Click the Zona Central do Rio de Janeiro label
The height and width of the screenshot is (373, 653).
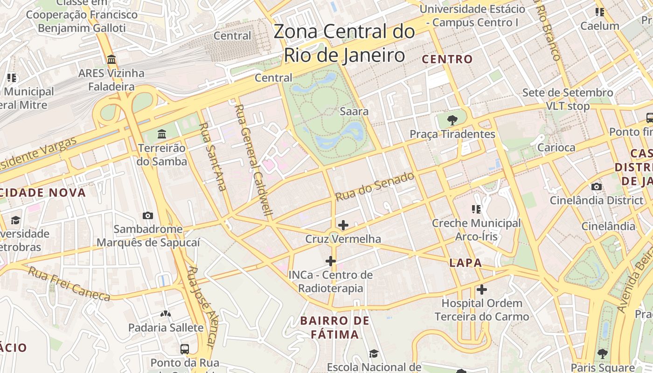[344, 43]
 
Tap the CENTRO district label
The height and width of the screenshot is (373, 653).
[447, 59]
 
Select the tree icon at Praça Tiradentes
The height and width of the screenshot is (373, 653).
[452, 120]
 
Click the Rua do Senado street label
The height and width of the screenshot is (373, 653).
[375, 186]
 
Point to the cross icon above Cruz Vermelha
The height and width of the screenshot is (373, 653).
[343, 225]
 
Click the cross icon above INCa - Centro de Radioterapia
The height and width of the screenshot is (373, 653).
[331, 261]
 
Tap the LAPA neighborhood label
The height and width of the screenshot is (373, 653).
[465, 263]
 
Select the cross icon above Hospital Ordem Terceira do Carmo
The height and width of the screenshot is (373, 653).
[482, 290]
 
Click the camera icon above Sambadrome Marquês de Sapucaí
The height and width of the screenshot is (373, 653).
[148, 215]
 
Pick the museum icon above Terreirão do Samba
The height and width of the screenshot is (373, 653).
[162, 134]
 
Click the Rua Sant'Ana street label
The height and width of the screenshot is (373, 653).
[213, 156]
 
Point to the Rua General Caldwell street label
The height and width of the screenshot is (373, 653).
[254, 161]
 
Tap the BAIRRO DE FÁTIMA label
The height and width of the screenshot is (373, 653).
[335, 327]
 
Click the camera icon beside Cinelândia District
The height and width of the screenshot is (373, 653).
[596, 187]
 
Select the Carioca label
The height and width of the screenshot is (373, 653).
[556, 147]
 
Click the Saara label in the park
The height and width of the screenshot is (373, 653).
[354, 111]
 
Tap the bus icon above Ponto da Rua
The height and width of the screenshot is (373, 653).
[185, 349]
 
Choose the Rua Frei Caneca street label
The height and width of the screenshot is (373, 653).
[69, 283]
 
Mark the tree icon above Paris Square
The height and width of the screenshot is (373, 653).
[603, 354]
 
